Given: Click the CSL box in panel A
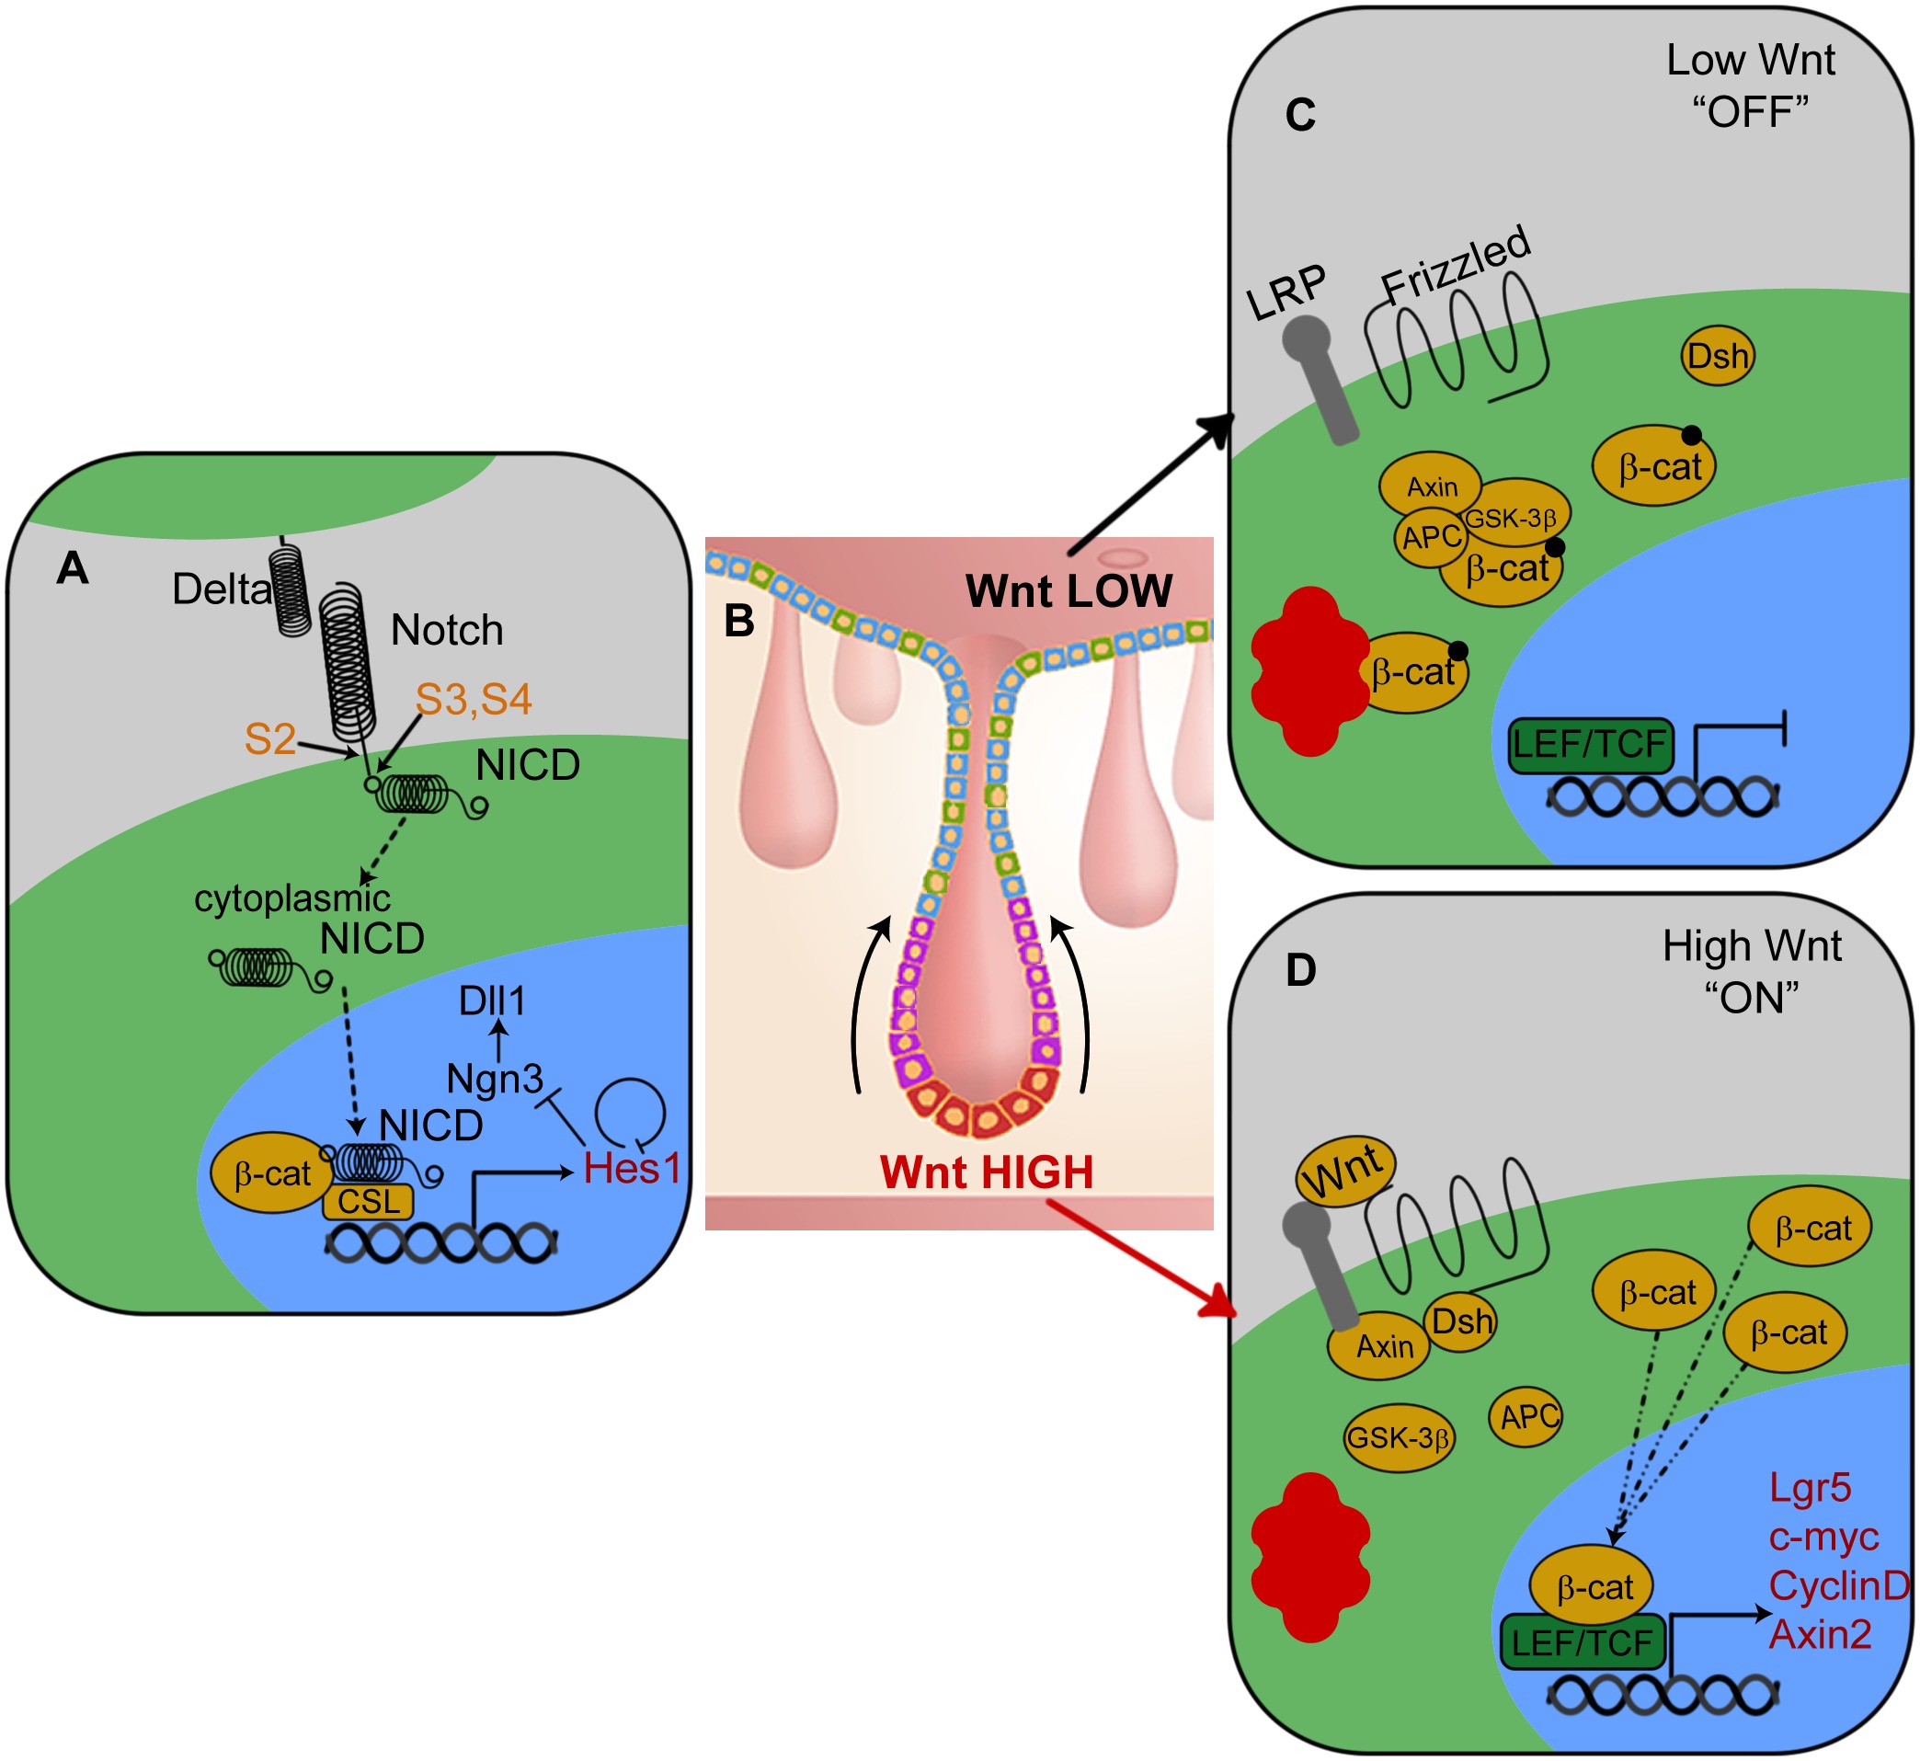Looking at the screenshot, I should pyautogui.click(x=368, y=1202).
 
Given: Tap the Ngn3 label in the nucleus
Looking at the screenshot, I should pyautogui.click(x=495, y=1080).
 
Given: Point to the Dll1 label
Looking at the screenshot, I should pyautogui.click(x=492, y=1001).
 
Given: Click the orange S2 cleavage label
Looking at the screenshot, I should pyautogui.click(x=269, y=740).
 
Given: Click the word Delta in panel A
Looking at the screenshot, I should pyautogui.click(x=221, y=589).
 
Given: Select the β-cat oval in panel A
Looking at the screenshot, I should pyautogui.click(x=272, y=1174).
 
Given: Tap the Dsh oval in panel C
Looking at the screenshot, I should pyautogui.click(x=1717, y=357).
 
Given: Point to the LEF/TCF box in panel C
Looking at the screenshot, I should pyautogui.click(x=1590, y=744).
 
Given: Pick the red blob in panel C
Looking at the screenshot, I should pyautogui.click(x=1309, y=672).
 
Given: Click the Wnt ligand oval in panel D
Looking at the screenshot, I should pyautogui.click(x=1344, y=1172).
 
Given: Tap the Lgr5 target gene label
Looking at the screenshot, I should pyautogui.click(x=1810, y=1488).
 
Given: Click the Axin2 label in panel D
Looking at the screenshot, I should pyautogui.click(x=1820, y=1635).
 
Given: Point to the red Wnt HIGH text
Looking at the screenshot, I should pyautogui.click(x=986, y=1172).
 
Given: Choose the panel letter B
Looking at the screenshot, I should pyautogui.click(x=739, y=622).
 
